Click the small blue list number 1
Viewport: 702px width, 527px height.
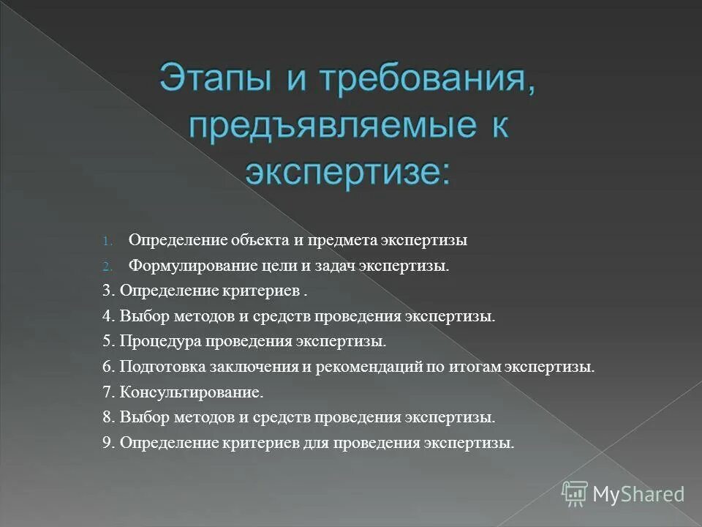coord(105,241)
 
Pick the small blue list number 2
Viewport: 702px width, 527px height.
coord(105,266)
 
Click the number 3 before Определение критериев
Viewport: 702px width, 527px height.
coord(107,291)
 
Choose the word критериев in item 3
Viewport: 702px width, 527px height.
coord(261,291)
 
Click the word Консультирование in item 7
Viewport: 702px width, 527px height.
coord(191,392)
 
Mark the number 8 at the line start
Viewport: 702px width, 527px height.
coord(107,418)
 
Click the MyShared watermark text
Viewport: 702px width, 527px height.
coord(638,494)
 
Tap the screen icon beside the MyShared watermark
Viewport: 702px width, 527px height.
coord(575,494)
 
